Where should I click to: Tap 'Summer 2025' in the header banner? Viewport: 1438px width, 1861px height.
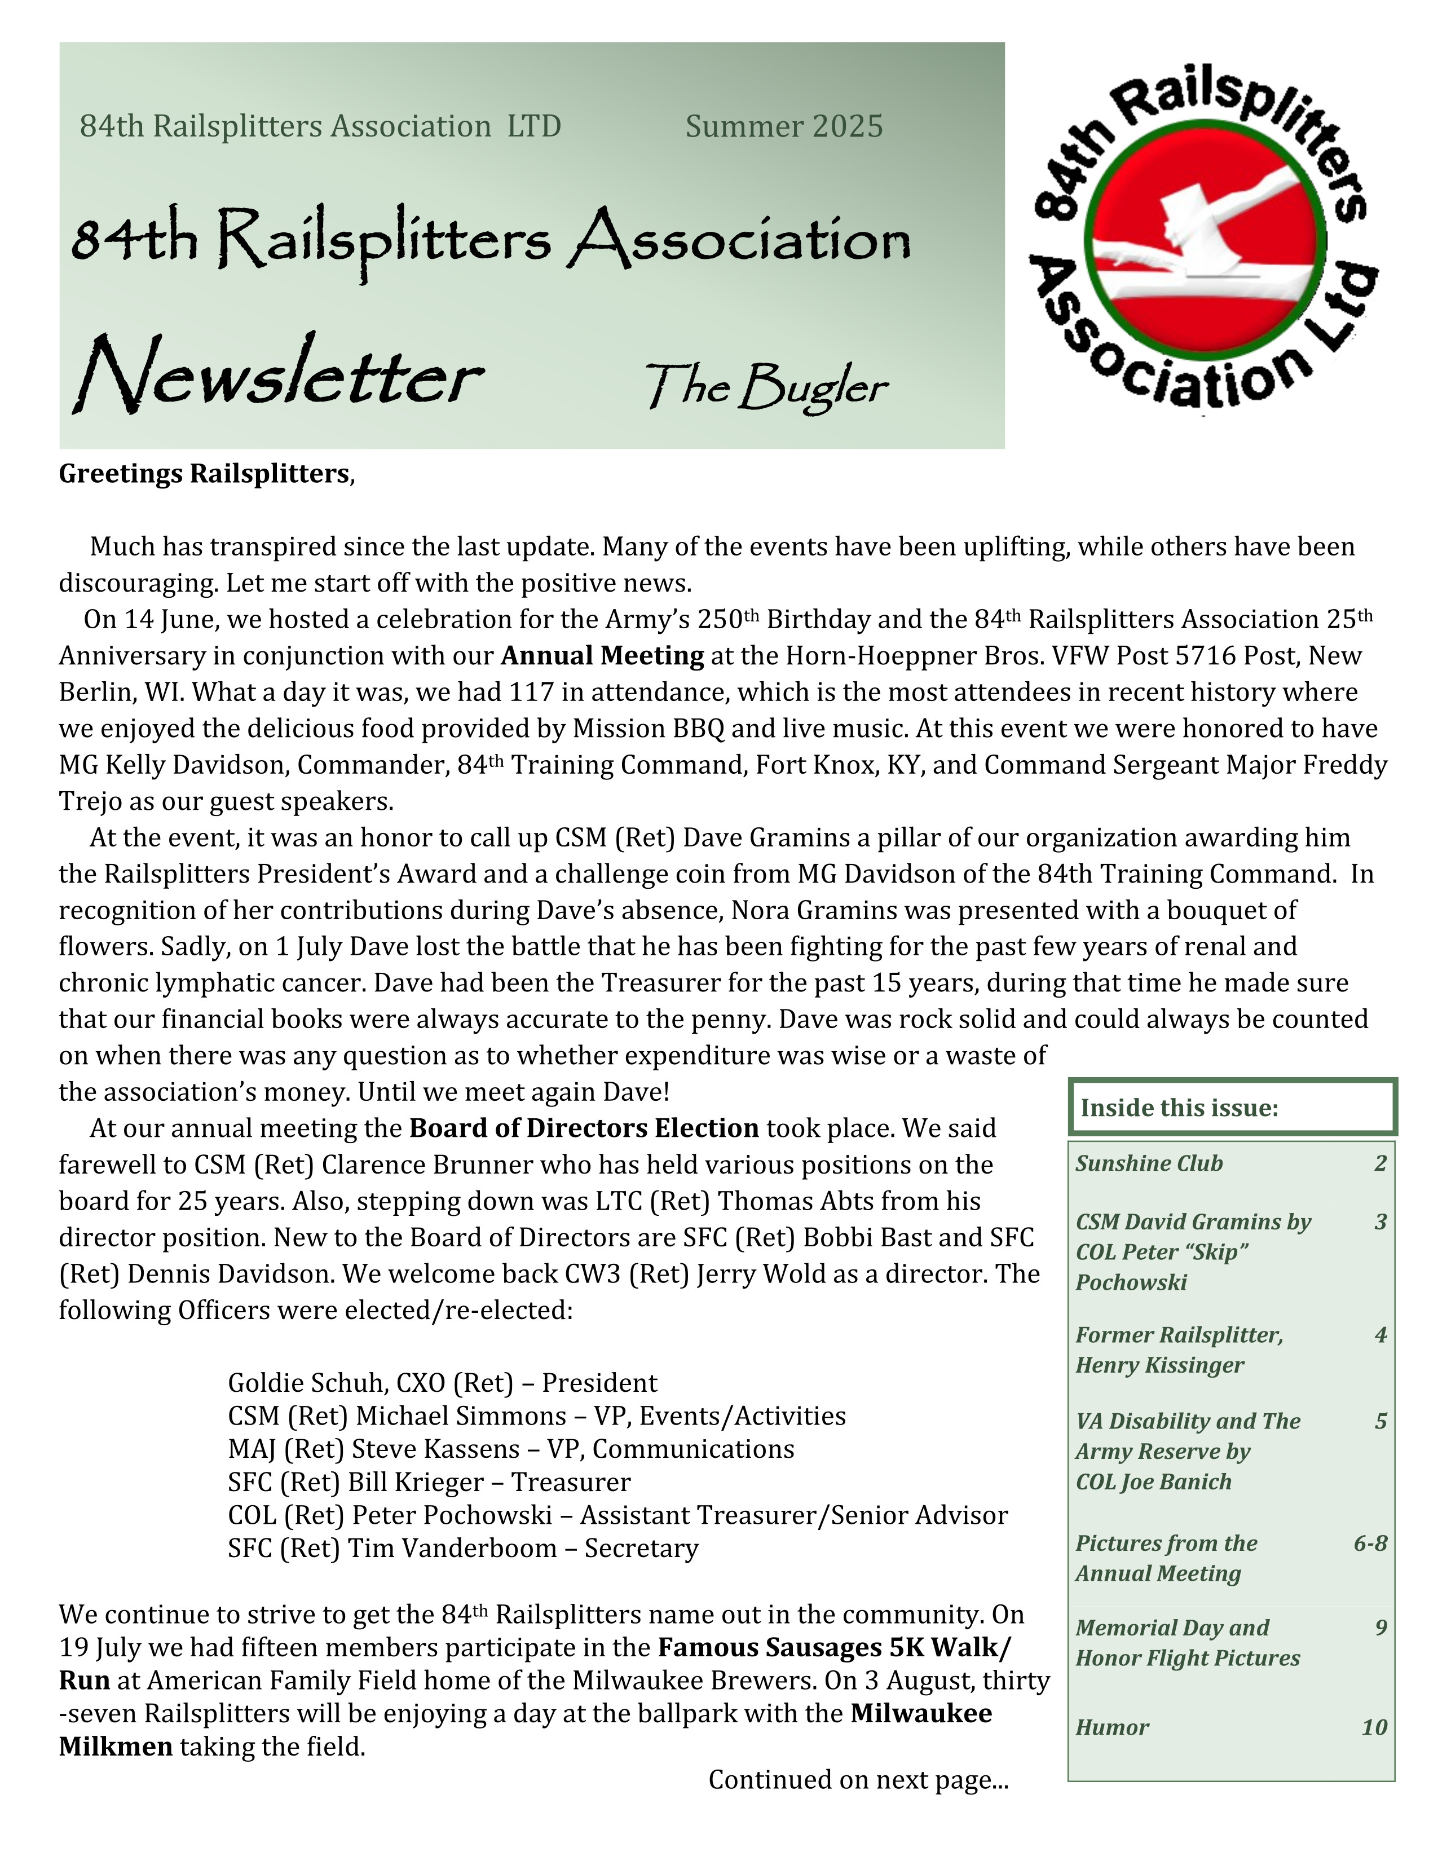tap(784, 126)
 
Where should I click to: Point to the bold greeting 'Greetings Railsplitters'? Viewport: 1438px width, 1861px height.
tap(205, 473)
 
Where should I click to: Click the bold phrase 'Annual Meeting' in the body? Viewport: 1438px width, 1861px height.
tap(602, 655)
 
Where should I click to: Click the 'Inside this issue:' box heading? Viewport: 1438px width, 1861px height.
tap(1179, 1108)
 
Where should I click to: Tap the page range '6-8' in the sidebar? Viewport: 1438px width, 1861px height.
tap(1370, 1543)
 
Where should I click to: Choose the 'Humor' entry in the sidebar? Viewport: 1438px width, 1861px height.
tap(1111, 1727)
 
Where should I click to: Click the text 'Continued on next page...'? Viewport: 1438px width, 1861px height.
tap(858, 1779)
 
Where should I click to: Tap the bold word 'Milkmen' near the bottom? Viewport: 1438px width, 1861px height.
tap(116, 1747)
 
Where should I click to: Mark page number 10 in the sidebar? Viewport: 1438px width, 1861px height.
tap(1374, 1727)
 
